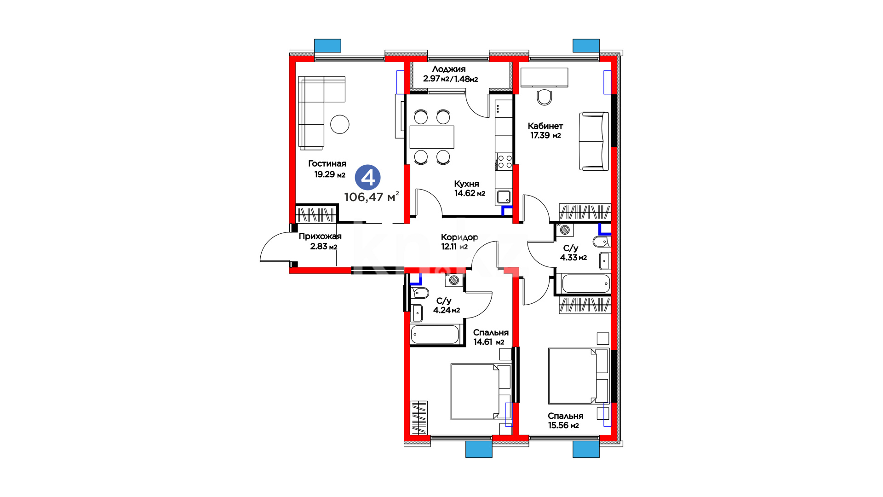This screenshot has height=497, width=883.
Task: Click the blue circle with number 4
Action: (x=368, y=178)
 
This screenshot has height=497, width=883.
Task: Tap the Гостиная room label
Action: (x=327, y=164)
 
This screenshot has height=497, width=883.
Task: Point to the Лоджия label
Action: (x=449, y=69)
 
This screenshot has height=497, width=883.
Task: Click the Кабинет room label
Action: (x=545, y=126)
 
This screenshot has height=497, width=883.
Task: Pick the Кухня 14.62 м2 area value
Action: (x=470, y=193)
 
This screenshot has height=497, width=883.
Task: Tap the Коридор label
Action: (x=459, y=237)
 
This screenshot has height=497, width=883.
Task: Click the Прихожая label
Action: (x=320, y=237)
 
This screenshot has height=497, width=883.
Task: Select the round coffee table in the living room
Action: (x=340, y=124)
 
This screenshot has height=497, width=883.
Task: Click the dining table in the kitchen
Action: (x=432, y=137)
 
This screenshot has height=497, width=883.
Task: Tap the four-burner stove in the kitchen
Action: (x=504, y=162)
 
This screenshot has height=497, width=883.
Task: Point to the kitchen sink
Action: (x=504, y=197)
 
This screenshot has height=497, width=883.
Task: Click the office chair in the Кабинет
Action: (x=545, y=97)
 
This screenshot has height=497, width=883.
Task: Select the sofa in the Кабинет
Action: (x=594, y=141)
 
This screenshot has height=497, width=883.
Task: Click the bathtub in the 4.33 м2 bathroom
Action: (x=585, y=283)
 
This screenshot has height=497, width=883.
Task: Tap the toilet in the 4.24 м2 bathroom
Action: (x=420, y=292)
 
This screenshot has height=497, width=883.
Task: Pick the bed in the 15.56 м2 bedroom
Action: (x=579, y=376)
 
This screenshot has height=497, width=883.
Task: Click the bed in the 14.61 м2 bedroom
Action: (x=481, y=392)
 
